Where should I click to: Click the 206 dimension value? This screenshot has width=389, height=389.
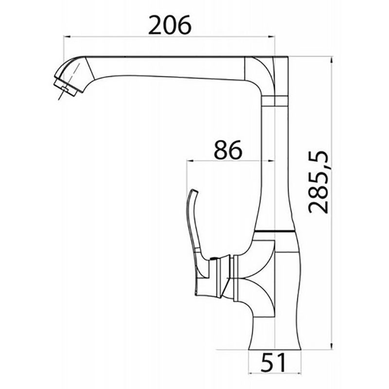click(x=170, y=25)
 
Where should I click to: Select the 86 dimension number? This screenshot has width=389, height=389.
click(x=228, y=150)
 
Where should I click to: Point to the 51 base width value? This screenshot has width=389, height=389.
click(x=273, y=363)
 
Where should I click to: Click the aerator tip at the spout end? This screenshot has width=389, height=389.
click(x=66, y=88)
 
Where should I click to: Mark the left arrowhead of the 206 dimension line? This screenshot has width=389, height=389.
click(x=67, y=37)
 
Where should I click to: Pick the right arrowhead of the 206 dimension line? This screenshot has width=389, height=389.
click(x=272, y=37)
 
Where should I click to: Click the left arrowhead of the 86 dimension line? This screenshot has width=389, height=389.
click(x=190, y=161)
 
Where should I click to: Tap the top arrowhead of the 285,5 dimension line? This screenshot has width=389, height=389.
click(x=331, y=60)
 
